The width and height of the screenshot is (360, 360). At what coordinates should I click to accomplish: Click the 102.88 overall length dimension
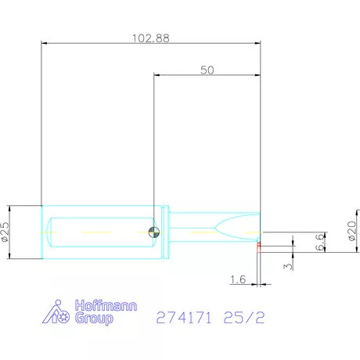click(x=151, y=38)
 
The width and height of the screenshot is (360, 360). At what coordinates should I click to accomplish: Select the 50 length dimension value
click(x=207, y=70)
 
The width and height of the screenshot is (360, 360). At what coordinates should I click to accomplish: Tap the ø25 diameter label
click(x=5, y=232)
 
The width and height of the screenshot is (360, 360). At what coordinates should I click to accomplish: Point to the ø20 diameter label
click(x=352, y=231)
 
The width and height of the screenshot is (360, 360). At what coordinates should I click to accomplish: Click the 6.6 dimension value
click(x=320, y=243)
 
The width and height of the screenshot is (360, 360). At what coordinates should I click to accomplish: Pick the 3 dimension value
click(x=288, y=267)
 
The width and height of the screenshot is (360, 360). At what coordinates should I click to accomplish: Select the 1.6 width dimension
click(x=238, y=279)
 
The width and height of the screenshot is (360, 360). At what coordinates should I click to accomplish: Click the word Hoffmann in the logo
click(x=106, y=305)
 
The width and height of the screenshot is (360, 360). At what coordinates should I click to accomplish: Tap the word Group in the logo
click(x=94, y=319)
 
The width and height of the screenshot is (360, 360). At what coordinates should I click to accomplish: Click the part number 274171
click(x=184, y=318)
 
